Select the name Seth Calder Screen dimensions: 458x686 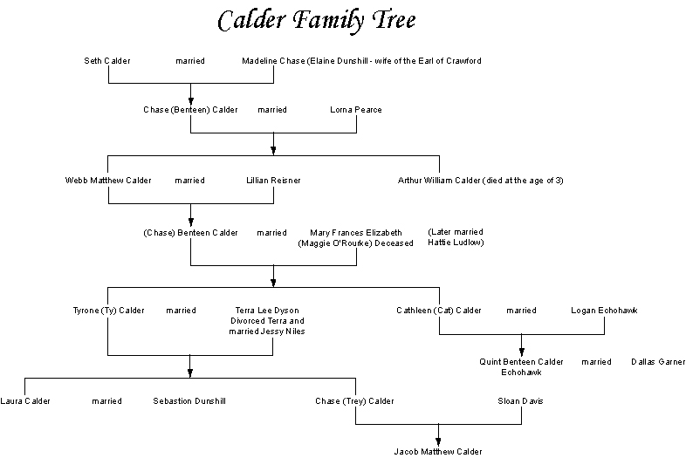click(107, 61)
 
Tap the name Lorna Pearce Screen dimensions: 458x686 click(356, 110)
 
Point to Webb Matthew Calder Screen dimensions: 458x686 click(108, 181)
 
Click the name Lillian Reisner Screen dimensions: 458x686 click(273, 181)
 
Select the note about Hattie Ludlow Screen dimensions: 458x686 click(456, 237)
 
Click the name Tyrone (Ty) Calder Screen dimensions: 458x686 click(108, 310)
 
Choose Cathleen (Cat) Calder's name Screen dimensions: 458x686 click(439, 310)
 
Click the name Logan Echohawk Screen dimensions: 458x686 click(604, 310)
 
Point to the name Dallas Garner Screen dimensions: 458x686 click(657, 361)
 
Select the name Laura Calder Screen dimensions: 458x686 click(25, 401)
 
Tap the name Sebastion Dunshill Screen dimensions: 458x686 click(189, 401)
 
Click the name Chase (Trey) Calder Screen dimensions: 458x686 click(355, 401)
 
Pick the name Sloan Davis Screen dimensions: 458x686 click(521, 401)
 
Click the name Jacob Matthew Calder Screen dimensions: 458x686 click(438, 451)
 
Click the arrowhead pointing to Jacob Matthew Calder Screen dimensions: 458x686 click(438, 441)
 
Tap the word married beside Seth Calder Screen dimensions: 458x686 click(189, 61)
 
